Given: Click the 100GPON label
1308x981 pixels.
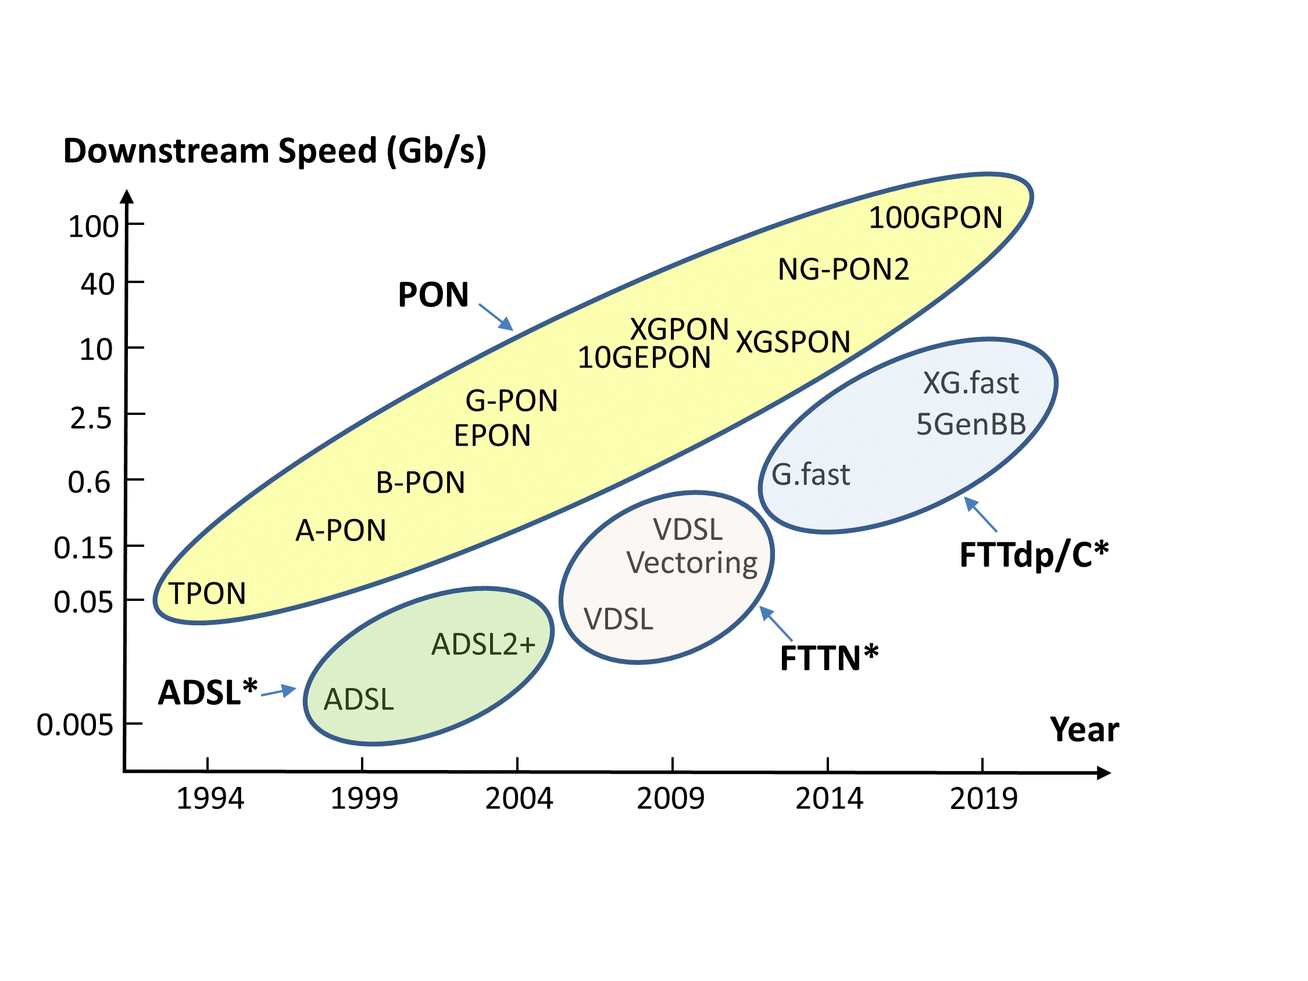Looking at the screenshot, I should click(x=935, y=217).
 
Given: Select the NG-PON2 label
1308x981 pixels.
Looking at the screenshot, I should click(x=842, y=270).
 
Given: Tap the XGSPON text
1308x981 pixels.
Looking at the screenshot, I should click(x=792, y=342).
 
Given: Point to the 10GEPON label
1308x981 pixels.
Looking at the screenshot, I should click(x=644, y=358).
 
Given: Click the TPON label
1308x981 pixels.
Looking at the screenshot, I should click(x=207, y=593).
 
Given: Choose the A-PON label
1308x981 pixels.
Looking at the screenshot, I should click(x=341, y=531).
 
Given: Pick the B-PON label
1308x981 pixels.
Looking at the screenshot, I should click(x=420, y=482).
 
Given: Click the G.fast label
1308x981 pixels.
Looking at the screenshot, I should click(x=811, y=475).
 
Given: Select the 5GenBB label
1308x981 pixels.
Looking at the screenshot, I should click(x=971, y=425).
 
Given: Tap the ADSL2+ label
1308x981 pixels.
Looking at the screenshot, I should click(x=483, y=645).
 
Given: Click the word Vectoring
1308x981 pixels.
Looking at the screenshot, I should click(x=692, y=563).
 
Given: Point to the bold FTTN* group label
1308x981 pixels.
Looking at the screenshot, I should click(x=829, y=658).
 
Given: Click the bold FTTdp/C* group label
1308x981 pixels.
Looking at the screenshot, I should click(x=1034, y=555).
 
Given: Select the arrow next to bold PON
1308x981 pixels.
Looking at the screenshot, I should click(x=495, y=317).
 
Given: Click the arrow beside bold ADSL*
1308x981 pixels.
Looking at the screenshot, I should click(x=278, y=691).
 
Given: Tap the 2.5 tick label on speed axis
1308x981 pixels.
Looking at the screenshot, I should click(x=91, y=418).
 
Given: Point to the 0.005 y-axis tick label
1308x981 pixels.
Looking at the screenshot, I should click(x=75, y=725).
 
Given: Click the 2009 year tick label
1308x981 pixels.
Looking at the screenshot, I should click(x=670, y=799).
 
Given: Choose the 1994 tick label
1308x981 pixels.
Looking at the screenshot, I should click(x=210, y=799).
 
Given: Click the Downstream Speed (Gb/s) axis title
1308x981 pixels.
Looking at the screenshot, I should click(x=274, y=151).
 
